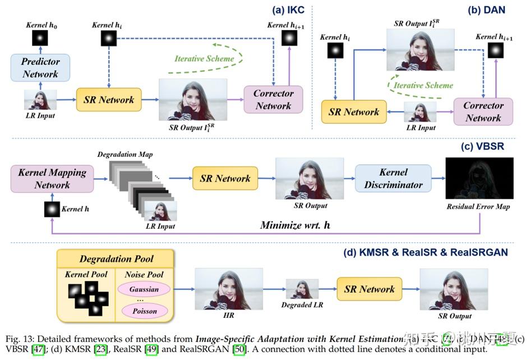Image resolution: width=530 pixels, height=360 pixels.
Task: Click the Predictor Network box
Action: (x=40, y=68)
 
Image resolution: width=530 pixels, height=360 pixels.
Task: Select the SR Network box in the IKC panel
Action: (x=108, y=100)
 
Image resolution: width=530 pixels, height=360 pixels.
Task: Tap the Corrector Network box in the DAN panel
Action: (x=483, y=112)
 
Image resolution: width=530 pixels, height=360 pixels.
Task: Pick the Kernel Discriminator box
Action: (x=393, y=178)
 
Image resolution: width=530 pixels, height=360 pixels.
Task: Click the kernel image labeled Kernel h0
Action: (x=39, y=38)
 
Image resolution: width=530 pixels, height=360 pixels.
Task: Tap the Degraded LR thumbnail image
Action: (x=302, y=289)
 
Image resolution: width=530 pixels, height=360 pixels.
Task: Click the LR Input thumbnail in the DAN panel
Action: (x=420, y=113)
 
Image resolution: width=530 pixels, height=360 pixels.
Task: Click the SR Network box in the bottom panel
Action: (x=369, y=289)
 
